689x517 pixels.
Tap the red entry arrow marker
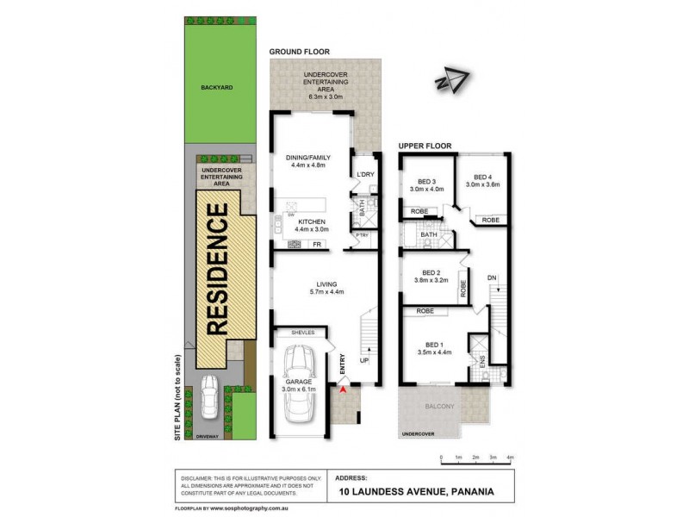coord(343,390)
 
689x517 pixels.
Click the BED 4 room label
coord(482,176)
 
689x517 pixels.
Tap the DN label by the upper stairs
coord(491,277)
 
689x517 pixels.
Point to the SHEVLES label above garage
coord(302,332)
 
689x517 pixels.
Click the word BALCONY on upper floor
coord(439,406)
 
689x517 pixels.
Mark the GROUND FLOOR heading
coord(299,52)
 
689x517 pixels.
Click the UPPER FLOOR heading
coord(425,146)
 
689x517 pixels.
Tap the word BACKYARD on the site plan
coord(217,87)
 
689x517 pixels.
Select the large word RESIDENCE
coord(217,267)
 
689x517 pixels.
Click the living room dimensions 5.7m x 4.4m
coord(326,292)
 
